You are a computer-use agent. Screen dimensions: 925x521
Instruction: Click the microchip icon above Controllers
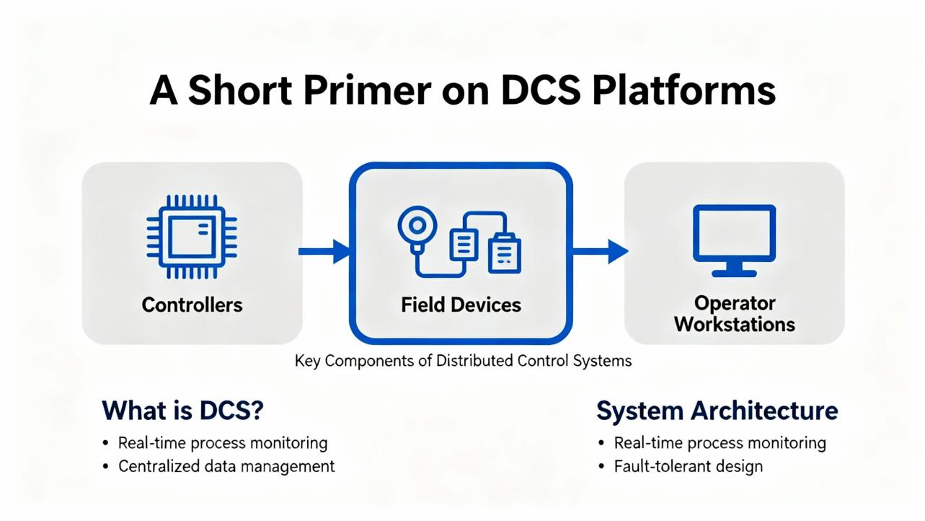coord(192,237)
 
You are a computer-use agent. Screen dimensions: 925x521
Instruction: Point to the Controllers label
coord(192,305)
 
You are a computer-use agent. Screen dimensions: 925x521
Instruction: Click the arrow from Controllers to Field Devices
coord(324,251)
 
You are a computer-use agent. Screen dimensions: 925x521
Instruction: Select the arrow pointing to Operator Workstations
coord(601,251)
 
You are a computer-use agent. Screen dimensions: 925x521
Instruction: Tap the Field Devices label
coord(461,305)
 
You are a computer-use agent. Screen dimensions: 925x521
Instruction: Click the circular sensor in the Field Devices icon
coord(417,225)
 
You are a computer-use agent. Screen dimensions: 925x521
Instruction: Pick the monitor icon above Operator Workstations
coord(734,240)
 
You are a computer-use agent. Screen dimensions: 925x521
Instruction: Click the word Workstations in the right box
coord(735,324)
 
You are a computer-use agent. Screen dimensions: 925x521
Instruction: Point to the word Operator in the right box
coord(735,303)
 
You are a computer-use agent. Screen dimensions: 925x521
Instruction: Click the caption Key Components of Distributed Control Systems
coord(463,361)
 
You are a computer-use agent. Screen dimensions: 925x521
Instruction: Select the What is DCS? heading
coord(182,411)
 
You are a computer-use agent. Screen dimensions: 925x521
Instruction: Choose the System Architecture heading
coord(717,411)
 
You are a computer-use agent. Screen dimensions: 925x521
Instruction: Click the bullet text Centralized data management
coord(226,466)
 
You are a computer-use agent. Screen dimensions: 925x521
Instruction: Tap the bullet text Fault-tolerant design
coord(689,466)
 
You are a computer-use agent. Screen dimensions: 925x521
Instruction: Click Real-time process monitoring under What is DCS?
coord(223,443)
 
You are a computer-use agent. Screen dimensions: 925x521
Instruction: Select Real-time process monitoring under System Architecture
coord(720,443)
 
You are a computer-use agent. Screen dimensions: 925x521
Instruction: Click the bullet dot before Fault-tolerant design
coord(601,466)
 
